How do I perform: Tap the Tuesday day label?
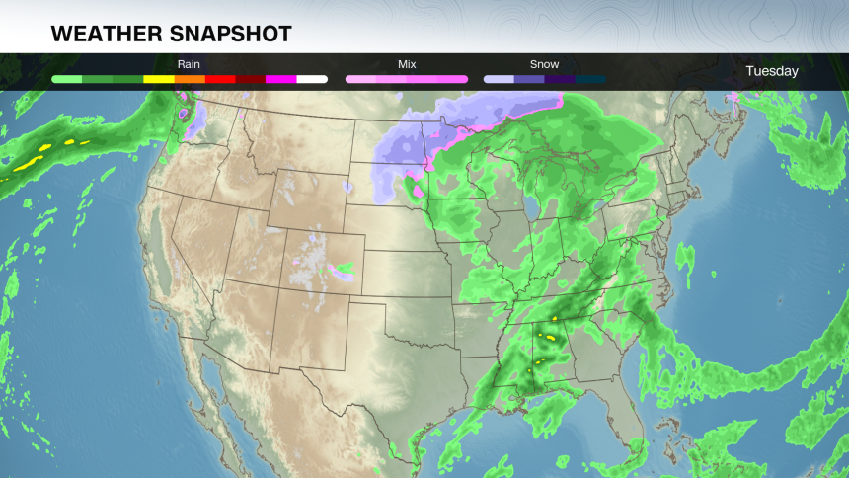772,71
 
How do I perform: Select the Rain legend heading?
189,64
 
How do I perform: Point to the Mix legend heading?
407,64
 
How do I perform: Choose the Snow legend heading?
544,64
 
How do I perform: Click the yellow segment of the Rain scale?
159,78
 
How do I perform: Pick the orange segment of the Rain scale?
190,78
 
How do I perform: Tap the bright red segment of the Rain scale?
220,78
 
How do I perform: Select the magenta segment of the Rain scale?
281,78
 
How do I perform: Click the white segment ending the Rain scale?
312,78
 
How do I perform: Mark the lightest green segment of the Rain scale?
66,78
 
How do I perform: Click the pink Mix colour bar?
407,78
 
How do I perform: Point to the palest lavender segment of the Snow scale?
499,78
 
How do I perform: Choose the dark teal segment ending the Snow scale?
590,78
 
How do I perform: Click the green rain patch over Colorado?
345,268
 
